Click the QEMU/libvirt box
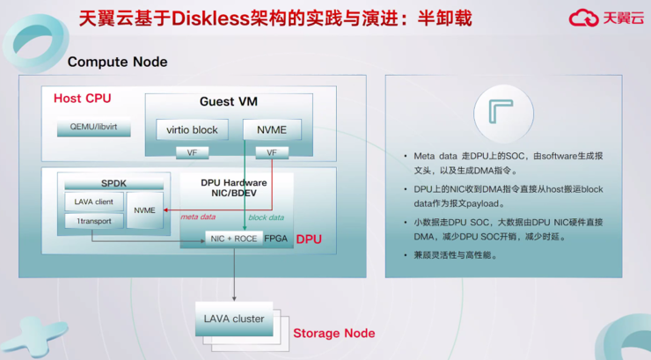click(x=100, y=129)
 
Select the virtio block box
click(x=192, y=129)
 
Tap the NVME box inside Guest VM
click(x=271, y=129)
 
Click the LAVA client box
click(x=92, y=202)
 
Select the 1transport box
click(x=92, y=221)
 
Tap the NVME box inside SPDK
click(x=144, y=210)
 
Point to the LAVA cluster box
click(x=234, y=319)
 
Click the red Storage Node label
click(x=333, y=334)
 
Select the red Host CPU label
click(x=83, y=98)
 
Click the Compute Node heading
click(x=117, y=62)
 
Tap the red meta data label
click(x=198, y=217)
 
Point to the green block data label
click(x=266, y=217)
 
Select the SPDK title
click(x=113, y=181)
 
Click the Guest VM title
click(x=229, y=101)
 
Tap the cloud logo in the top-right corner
click(x=583, y=18)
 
